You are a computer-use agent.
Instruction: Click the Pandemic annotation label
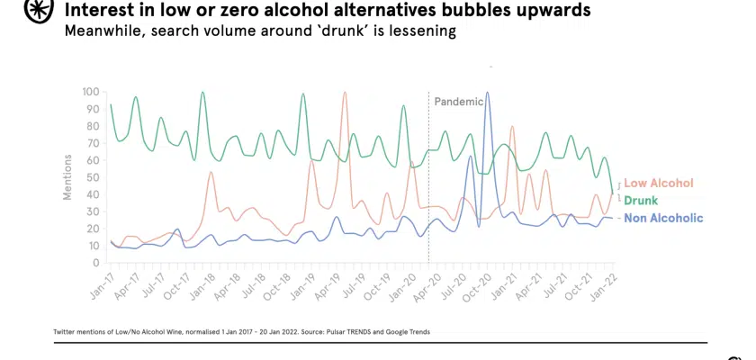[x=458, y=102]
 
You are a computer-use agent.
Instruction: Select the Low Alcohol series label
[x=658, y=183]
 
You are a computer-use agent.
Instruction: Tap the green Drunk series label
[x=641, y=201]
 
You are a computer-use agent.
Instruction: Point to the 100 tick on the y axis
[x=90, y=92]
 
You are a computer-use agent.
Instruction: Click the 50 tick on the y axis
[x=93, y=177]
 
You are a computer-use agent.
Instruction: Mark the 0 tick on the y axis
[x=95, y=263]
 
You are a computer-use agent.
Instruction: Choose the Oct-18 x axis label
[x=274, y=284]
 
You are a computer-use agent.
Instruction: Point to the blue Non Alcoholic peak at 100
[x=487, y=93]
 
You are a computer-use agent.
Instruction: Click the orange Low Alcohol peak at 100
[x=345, y=93]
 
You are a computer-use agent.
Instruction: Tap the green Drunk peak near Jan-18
[x=202, y=93]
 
